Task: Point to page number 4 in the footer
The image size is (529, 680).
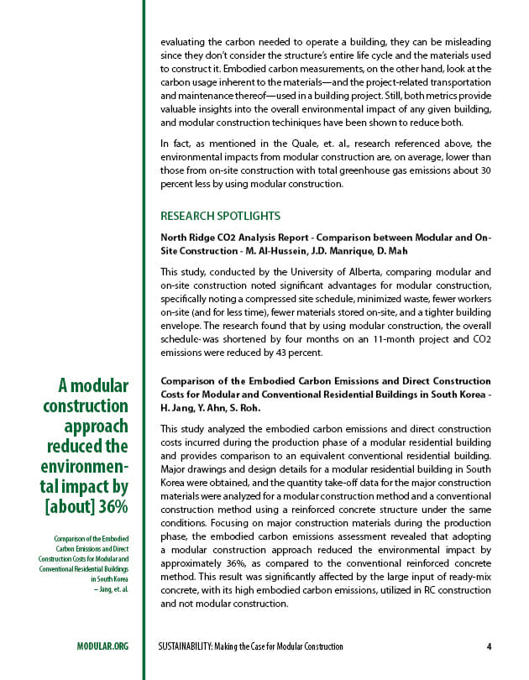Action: pos(489,646)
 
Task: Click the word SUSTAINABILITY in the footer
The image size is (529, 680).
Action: pos(191,646)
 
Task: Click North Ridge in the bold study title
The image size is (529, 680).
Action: pos(187,238)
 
